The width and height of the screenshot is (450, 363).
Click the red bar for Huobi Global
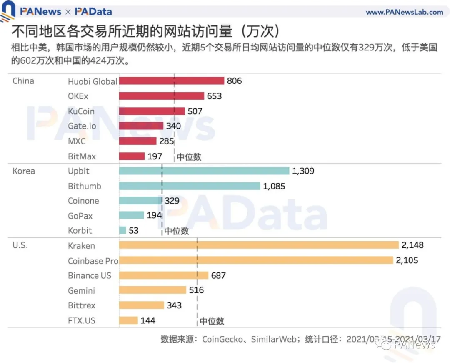(x=172, y=81)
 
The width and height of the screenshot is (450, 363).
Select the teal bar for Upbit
(x=204, y=171)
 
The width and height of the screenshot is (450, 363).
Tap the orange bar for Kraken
(x=259, y=245)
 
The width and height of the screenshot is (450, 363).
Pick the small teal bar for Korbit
(x=122, y=230)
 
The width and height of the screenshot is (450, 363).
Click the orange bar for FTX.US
(x=128, y=320)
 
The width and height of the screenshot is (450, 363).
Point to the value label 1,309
(x=303, y=171)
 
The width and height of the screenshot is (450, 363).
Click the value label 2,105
(x=407, y=260)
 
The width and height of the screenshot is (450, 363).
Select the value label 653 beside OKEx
(x=214, y=96)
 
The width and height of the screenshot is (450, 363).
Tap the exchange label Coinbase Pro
(x=93, y=261)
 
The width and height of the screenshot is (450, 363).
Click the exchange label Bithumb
(x=85, y=186)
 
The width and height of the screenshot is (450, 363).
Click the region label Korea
(x=24, y=171)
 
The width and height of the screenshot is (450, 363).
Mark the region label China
(x=23, y=81)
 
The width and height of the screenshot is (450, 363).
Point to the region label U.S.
(x=20, y=245)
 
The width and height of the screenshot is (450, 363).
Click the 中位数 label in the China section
(x=189, y=157)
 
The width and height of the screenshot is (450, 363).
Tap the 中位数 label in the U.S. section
(x=212, y=321)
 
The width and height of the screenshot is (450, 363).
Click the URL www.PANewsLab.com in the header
(x=404, y=12)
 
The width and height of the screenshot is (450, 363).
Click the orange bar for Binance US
(x=164, y=275)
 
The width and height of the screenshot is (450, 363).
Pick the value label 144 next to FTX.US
(x=148, y=320)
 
